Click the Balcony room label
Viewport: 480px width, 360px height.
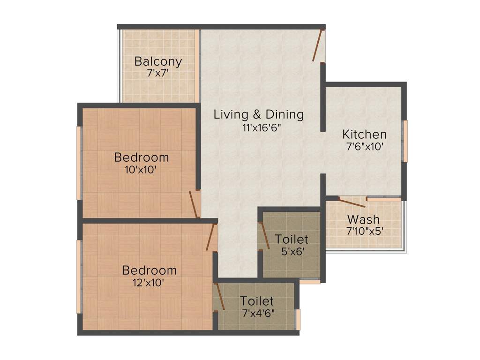point(158,61)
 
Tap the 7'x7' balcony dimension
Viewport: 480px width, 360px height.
point(158,73)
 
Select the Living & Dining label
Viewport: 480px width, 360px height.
point(259,114)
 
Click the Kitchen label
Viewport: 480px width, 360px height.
point(365,134)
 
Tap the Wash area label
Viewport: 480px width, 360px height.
point(363,219)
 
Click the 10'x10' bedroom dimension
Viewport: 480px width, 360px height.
point(141,170)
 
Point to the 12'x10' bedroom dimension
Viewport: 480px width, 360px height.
point(149,283)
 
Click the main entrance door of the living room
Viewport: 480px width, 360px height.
point(318,45)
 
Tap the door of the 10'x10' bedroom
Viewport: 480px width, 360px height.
point(193,204)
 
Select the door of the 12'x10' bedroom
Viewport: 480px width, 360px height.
point(210,237)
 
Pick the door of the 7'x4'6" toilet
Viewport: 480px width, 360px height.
point(219,297)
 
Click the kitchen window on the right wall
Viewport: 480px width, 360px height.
point(405,141)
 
